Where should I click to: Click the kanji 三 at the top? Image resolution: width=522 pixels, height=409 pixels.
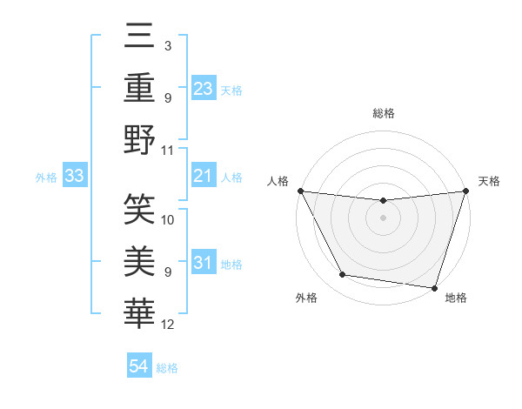[139, 37]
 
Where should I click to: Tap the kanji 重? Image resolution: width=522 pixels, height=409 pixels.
[139, 88]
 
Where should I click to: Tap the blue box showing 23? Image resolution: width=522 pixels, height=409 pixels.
[203, 89]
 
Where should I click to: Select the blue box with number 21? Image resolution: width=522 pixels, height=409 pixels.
[203, 177]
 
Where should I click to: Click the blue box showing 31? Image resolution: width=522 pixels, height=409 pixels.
[203, 263]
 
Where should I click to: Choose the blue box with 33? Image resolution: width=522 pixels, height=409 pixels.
[74, 177]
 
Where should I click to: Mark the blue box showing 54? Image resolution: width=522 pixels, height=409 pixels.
[138, 366]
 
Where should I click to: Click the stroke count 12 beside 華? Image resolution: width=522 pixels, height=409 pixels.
[169, 325]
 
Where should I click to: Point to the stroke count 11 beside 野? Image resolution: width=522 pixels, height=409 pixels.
[169, 150]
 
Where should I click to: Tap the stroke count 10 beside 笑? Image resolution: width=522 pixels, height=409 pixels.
[169, 220]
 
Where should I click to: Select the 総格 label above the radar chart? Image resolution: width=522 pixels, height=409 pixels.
[383, 113]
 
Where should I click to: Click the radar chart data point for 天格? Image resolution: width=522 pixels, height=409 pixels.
[465, 191]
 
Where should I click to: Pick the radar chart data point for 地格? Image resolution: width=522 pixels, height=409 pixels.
[434, 287]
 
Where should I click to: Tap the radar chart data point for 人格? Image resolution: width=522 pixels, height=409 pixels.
[300, 191]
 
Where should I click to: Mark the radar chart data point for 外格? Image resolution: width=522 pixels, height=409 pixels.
[343, 275]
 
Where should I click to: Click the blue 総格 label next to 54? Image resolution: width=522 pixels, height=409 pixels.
[167, 367]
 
